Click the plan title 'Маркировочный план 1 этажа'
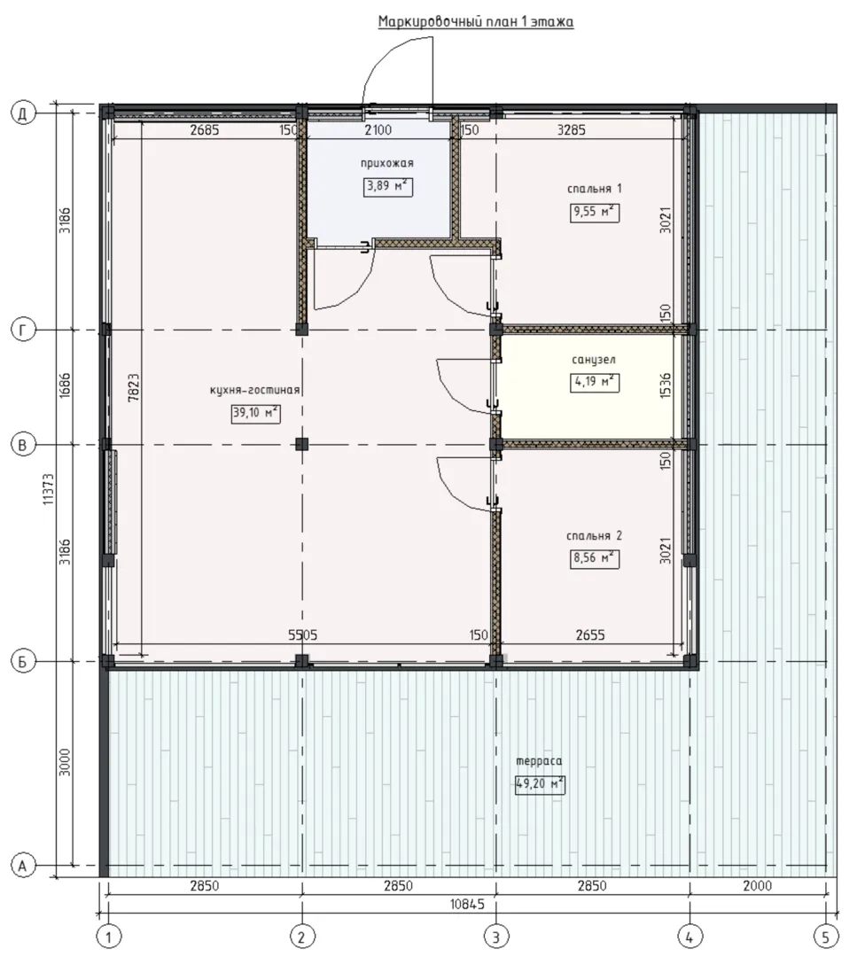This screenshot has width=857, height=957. (476, 22)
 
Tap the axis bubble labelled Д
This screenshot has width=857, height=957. (23, 113)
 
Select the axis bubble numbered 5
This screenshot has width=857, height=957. (826, 936)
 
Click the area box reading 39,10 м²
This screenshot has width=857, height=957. (256, 413)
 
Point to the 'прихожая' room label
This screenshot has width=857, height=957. (387, 163)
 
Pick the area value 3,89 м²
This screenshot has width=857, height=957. (387, 186)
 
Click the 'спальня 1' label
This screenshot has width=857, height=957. (595, 189)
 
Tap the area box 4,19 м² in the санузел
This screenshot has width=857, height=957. (595, 382)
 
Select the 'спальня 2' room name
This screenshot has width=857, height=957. (594, 536)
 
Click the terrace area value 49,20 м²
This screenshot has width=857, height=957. (541, 783)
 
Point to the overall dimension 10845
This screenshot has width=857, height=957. (468, 904)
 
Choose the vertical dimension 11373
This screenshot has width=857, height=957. (49, 489)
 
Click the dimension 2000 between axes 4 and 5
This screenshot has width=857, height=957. (758, 885)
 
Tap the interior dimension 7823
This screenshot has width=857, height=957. (135, 387)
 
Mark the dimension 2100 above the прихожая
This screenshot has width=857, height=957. (378, 130)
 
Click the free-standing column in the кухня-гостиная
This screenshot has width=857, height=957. (301, 444)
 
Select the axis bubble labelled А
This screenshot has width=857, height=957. (23, 866)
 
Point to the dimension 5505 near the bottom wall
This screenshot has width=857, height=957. (303, 635)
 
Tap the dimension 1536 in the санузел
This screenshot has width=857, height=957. (666, 385)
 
